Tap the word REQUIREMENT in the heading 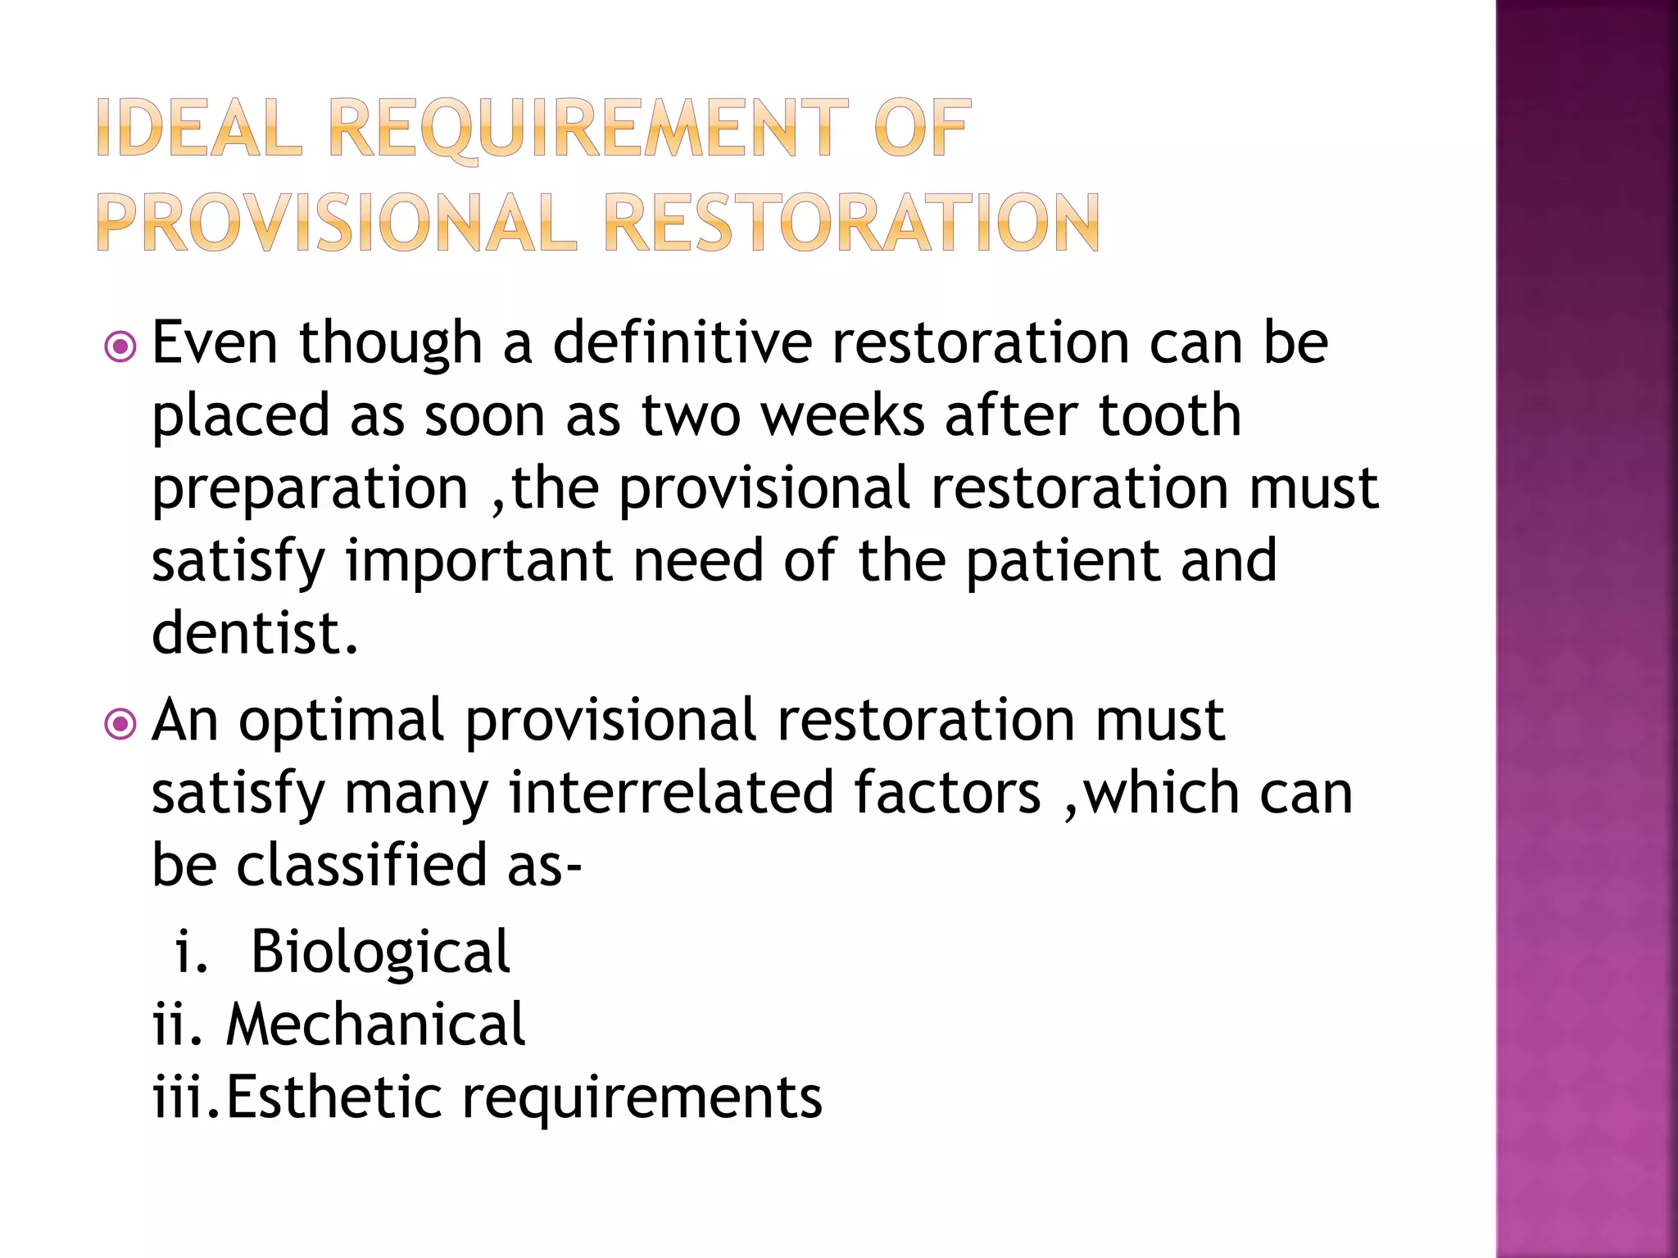588,129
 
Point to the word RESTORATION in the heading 851,224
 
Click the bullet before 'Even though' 120,347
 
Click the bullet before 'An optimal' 120,724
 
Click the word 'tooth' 1169,415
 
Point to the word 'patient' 1062,562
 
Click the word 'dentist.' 255,633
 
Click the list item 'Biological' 380,952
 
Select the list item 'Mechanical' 375,1025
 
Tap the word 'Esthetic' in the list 333,1097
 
